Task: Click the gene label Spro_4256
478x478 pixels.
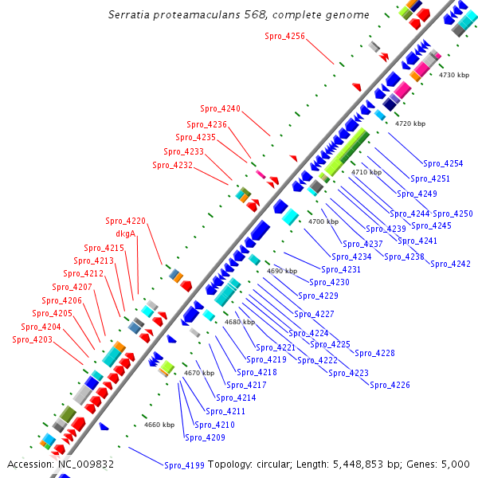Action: point(284,36)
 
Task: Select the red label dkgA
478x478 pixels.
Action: point(126,234)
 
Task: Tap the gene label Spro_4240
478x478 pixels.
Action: point(220,108)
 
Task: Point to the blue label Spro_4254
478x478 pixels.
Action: point(443,163)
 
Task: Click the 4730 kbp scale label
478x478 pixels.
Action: point(454,75)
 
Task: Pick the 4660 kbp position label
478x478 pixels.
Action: point(159,425)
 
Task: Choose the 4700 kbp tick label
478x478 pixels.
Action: point(323,221)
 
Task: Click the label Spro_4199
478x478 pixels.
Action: point(184,465)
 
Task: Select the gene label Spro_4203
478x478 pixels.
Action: point(33,339)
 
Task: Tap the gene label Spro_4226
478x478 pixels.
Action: point(390,386)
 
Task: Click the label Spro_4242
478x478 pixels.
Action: point(450,264)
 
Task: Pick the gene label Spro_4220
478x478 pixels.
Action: point(125,221)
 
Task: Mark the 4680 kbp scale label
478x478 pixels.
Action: point(239,322)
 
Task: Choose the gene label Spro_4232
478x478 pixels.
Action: point(173,165)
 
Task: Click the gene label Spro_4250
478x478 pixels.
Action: point(453,214)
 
